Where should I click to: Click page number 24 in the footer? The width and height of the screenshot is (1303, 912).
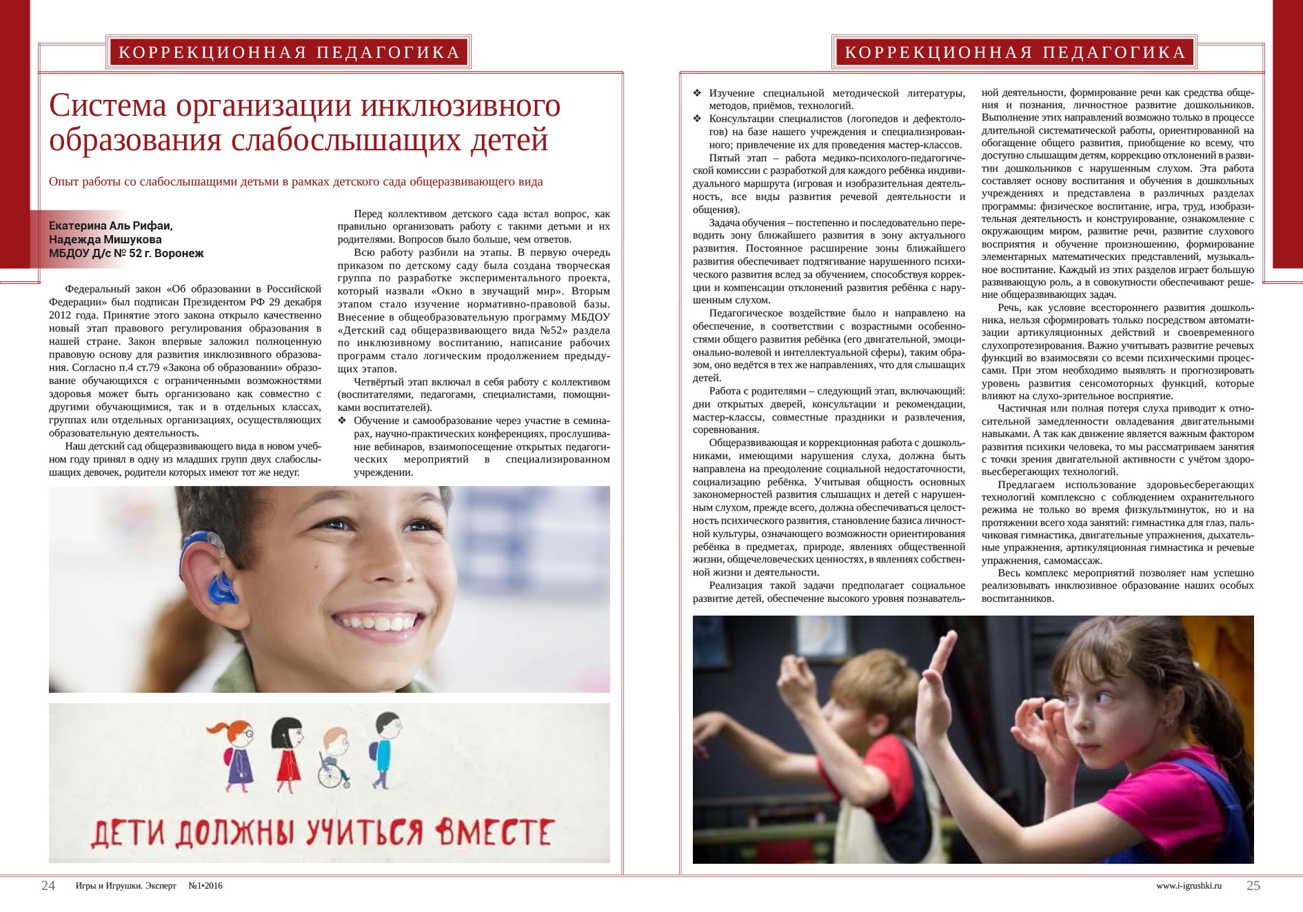(x=48, y=886)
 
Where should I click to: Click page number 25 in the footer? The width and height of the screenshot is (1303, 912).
(x=1253, y=886)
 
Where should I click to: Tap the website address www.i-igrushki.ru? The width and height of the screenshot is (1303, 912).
(x=1189, y=886)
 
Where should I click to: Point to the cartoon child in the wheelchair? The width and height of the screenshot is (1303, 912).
(x=334, y=758)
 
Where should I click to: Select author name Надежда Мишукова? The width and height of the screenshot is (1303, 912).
(x=105, y=239)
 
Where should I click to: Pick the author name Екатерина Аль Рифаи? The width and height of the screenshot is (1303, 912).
(x=110, y=225)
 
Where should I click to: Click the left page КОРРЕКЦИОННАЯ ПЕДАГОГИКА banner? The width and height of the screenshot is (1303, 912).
(x=289, y=52)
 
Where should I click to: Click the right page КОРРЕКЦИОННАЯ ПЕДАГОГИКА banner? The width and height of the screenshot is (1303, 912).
(x=1015, y=52)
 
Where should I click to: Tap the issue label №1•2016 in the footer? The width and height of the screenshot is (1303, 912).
(x=205, y=886)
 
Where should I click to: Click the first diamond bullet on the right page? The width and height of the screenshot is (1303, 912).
(x=697, y=93)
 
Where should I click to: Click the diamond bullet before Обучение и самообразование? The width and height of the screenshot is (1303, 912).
(x=342, y=420)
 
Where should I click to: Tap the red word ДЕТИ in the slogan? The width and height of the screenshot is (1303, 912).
(x=128, y=834)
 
